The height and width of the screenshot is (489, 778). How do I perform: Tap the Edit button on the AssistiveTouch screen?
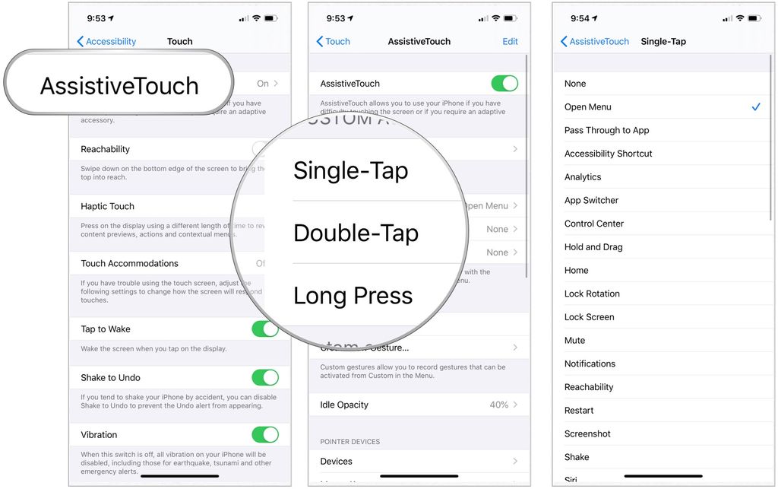(510, 42)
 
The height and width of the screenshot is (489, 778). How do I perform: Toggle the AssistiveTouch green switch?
(504, 84)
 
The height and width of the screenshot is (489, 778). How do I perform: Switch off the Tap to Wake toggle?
(265, 329)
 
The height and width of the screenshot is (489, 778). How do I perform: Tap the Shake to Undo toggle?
(265, 378)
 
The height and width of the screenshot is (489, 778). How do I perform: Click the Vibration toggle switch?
(265, 435)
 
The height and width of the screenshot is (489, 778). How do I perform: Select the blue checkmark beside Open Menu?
(756, 107)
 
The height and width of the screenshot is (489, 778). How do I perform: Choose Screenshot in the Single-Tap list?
(587, 434)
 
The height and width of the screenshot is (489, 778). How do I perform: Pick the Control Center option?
(594, 224)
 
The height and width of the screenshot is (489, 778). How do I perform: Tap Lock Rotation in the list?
(592, 294)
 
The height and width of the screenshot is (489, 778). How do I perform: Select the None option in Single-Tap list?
(575, 84)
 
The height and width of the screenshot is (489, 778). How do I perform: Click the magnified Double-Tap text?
(356, 233)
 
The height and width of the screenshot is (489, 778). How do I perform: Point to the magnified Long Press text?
(353, 296)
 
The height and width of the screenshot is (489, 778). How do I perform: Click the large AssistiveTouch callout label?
(119, 86)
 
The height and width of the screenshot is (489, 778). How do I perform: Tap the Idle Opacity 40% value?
(499, 405)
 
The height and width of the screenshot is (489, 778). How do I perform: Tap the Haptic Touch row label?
(108, 207)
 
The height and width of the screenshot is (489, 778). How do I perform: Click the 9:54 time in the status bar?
(580, 18)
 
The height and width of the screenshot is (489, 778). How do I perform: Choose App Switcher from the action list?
(591, 201)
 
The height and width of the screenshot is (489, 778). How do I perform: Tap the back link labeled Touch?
(334, 42)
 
